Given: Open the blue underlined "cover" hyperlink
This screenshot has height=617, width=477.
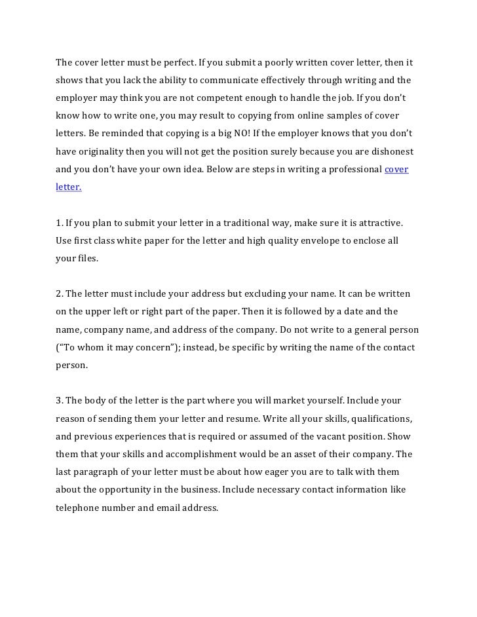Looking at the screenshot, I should (396, 169).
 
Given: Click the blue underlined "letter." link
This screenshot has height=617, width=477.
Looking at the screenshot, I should (69, 187).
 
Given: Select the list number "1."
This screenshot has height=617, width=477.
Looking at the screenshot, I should (59, 223).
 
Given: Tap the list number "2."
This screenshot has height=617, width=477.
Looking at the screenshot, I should (60, 293).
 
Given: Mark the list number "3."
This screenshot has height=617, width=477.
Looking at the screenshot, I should (60, 400).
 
